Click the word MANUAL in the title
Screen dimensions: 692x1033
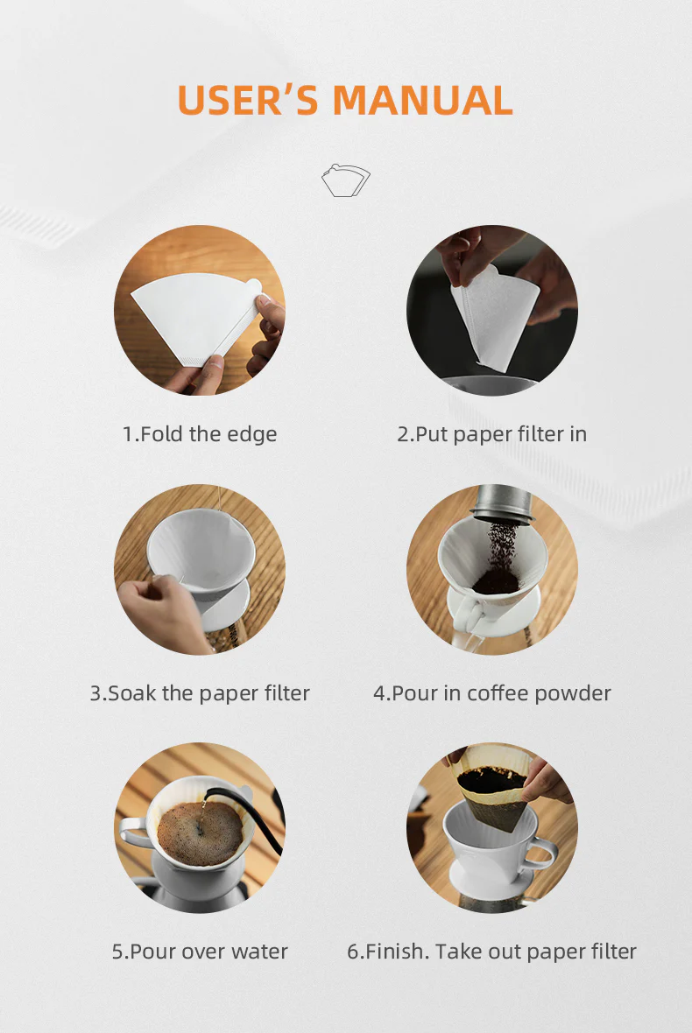tap(422, 100)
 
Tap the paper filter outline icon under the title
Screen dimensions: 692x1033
tap(346, 179)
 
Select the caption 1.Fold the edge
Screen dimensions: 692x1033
tap(200, 434)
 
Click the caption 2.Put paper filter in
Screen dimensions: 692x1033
tap(491, 434)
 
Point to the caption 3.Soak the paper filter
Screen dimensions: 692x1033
tap(200, 693)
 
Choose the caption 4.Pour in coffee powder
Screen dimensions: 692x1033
tap(492, 693)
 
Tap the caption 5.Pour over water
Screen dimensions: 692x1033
tap(200, 952)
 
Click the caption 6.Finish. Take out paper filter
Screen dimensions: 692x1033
tap(491, 952)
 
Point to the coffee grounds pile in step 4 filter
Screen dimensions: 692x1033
tap(496, 581)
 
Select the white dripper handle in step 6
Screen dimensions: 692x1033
tap(541, 854)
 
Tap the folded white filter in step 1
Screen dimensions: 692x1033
tap(195, 316)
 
